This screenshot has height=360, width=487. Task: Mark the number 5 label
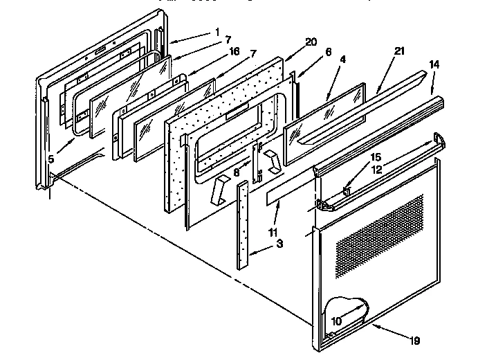(52, 160)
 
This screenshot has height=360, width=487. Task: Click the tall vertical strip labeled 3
(241, 225)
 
